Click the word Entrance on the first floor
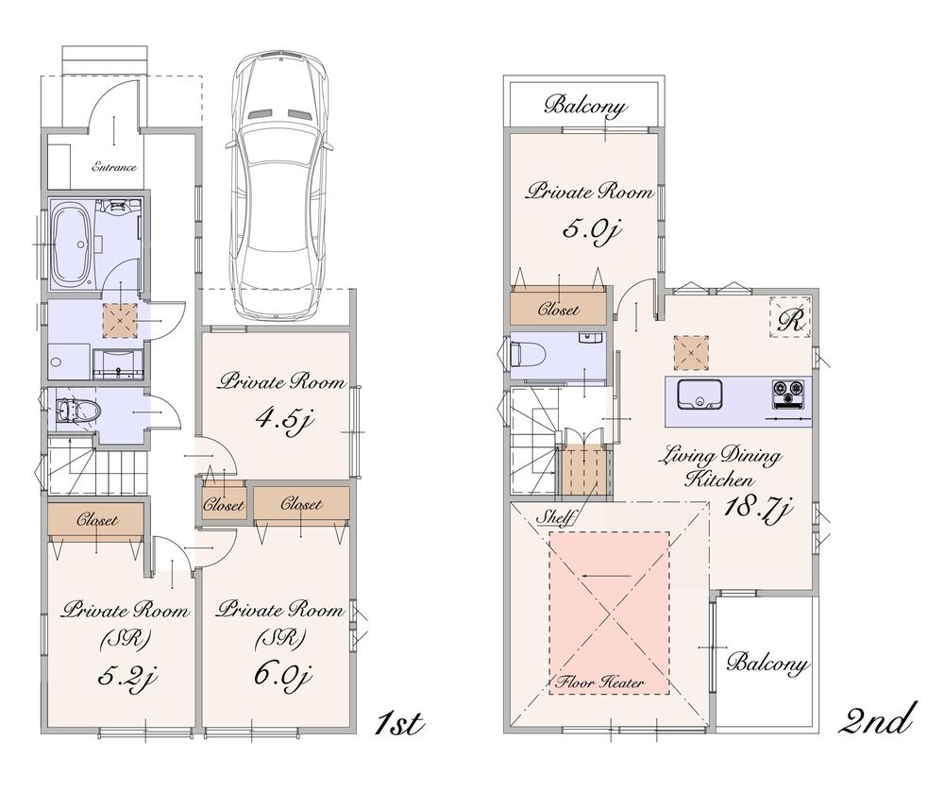114,167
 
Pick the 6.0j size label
279,676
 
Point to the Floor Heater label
608,682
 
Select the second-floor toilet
527,355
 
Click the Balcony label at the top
585,106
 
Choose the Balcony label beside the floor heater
767,665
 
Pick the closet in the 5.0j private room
558,309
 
